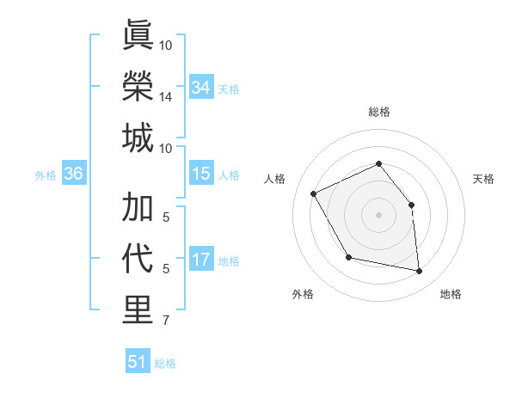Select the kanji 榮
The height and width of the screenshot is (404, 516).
(x=138, y=86)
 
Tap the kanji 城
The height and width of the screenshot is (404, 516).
(x=138, y=138)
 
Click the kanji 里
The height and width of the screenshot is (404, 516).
(x=138, y=310)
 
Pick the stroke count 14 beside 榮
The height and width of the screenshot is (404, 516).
(x=166, y=98)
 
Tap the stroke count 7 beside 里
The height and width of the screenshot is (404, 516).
(x=166, y=322)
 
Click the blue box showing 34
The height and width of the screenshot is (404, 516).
(x=201, y=88)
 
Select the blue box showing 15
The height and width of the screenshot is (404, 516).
(x=201, y=174)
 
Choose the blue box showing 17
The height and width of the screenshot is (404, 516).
(x=201, y=260)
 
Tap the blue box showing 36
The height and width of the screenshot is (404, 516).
(x=73, y=174)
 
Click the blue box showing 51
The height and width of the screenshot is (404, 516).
(x=138, y=362)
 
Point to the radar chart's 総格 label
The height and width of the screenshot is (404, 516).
(x=378, y=112)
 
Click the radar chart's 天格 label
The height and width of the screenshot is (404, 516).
(x=483, y=179)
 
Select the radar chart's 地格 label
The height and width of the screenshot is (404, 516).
(x=451, y=294)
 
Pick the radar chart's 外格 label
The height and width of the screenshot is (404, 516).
(x=303, y=294)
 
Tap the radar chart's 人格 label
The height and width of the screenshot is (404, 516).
(x=275, y=179)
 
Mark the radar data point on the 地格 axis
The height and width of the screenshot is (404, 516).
(x=420, y=272)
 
